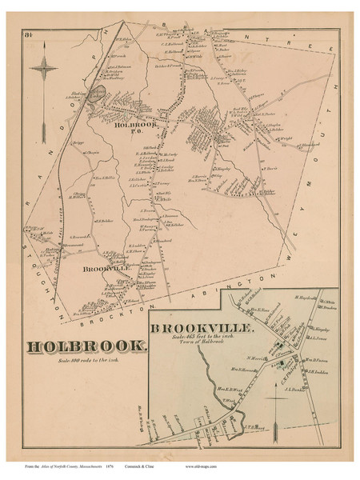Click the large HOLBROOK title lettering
pyautogui.click(x=86, y=346)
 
